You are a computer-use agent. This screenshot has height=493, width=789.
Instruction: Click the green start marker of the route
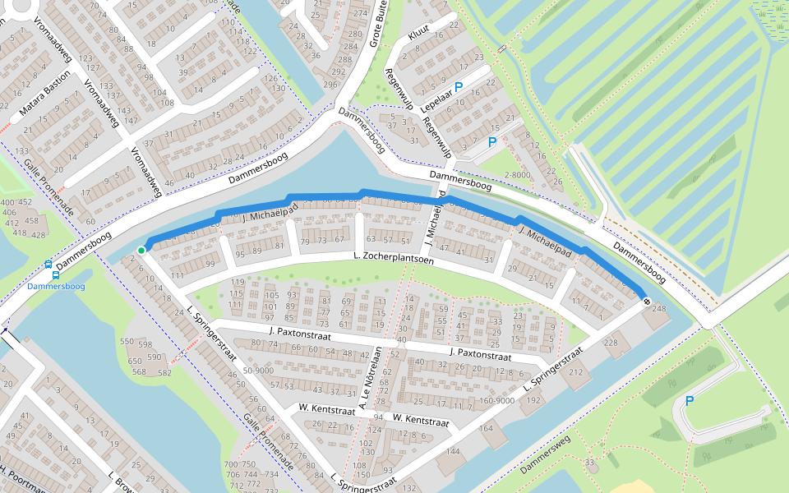point(141,250)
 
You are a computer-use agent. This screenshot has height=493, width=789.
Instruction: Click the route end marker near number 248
point(647,302)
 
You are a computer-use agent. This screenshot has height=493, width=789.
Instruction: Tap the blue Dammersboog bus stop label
point(55,286)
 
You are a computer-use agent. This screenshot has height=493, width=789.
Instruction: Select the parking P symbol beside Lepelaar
point(459,86)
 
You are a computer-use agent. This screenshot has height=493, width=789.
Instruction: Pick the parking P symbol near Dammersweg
point(689,401)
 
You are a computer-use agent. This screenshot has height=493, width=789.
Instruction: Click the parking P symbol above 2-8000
point(491,142)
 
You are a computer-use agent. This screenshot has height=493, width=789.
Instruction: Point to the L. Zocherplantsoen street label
point(392,259)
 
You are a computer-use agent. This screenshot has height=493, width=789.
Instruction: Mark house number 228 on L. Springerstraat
point(611,343)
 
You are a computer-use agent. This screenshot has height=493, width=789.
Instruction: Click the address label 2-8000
point(517,174)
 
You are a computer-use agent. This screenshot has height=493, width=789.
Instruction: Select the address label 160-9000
point(497,401)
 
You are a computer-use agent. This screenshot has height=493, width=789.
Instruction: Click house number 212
point(574,372)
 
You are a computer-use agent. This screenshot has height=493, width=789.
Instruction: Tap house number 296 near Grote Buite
point(330,84)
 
